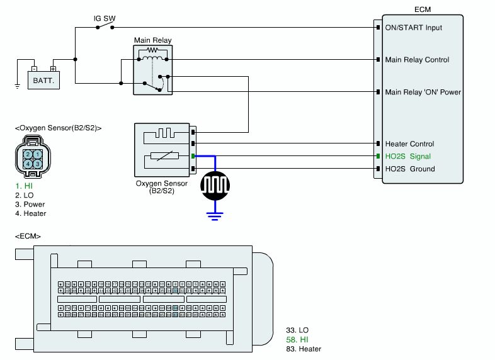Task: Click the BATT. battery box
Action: point(43,80)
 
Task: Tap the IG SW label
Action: point(105,18)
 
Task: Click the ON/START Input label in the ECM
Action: point(414,28)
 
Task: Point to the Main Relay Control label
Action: point(417,60)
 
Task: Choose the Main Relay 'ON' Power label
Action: point(423,92)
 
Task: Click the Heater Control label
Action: point(409,144)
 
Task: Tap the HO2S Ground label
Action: point(410,169)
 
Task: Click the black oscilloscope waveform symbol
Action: point(216,184)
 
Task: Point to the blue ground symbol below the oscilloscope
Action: point(216,216)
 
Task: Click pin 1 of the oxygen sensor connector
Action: point(38,154)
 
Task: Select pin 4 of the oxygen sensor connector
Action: point(28,164)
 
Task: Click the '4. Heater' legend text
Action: point(30,213)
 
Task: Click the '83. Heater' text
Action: point(304,349)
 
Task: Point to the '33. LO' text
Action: point(297,330)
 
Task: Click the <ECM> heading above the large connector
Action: point(28,236)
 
